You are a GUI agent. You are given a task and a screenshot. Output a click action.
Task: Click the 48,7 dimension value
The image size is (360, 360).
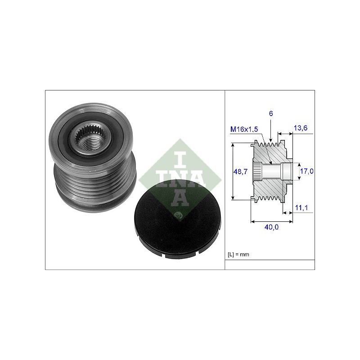click(x=240, y=171)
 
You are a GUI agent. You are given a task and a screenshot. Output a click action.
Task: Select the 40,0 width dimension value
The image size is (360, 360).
click(x=271, y=227)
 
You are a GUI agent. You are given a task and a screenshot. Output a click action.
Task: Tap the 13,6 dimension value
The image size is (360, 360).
click(x=301, y=128)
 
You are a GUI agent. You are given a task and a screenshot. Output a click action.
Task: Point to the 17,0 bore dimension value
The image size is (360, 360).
click(x=307, y=171)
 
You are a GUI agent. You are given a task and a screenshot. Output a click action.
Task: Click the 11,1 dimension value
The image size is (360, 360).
click(x=301, y=208)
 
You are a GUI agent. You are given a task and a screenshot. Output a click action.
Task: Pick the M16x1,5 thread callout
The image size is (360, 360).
click(x=244, y=129)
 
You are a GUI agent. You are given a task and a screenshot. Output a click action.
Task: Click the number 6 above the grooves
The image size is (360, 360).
click(x=271, y=114)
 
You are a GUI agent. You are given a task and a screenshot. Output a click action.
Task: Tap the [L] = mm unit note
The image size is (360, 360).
click(x=238, y=254)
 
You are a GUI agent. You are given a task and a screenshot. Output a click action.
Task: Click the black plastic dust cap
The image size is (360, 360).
click(x=177, y=220)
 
